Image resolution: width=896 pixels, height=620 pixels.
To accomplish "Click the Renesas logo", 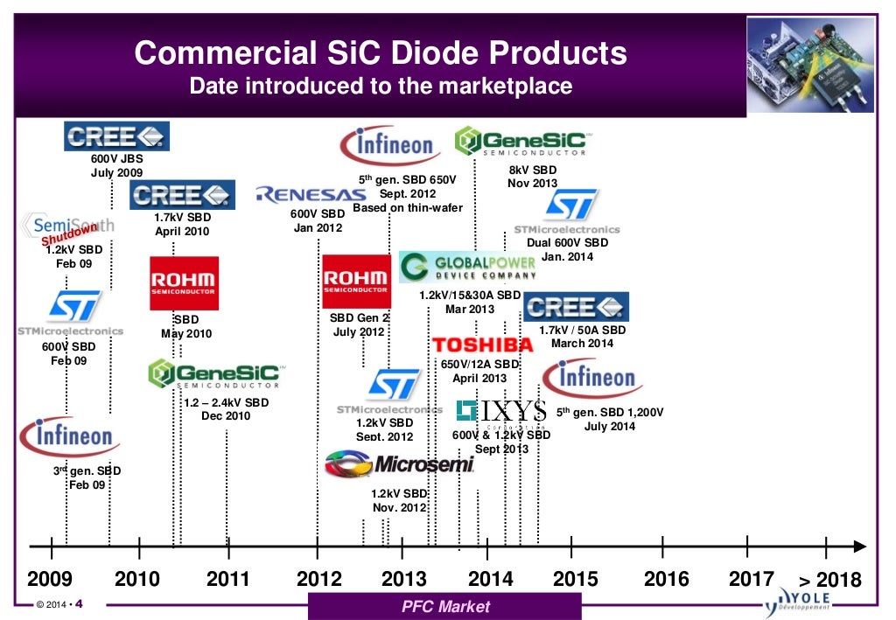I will [304, 193].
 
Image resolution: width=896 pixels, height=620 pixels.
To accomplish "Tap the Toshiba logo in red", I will [481, 345].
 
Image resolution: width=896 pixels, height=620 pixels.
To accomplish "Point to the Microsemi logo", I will [400, 463].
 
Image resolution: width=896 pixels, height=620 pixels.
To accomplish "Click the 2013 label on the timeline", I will [404, 579].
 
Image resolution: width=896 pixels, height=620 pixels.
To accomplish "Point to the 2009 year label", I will [50, 579].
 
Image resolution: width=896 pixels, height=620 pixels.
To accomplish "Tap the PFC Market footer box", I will [445, 606].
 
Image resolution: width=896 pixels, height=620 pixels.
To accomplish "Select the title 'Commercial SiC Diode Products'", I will [381, 54].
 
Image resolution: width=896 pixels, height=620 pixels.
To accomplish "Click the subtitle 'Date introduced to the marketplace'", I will [381, 86].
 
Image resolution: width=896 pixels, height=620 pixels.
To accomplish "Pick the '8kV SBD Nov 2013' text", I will [532, 177].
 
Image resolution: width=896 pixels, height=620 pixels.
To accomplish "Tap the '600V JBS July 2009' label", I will [116, 166].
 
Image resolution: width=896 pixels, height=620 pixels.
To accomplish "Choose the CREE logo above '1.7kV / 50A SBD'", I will [575, 307].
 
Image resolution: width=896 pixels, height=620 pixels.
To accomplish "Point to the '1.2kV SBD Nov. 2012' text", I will [399, 500].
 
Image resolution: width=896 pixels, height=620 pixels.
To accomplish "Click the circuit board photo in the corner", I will [812, 66].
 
